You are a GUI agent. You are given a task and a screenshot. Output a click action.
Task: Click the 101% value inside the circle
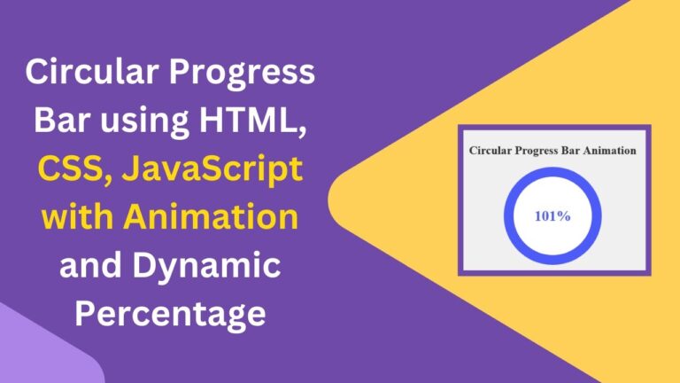tap(552, 215)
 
